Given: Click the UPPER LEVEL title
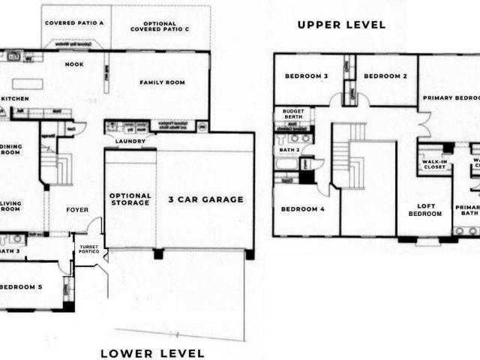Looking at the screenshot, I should click(341, 25).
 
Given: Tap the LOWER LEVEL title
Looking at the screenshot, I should click(152, 352).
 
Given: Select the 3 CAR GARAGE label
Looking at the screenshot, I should click(205, 199).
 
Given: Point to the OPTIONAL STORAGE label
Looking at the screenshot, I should click(130, 199).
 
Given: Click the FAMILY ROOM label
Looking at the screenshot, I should click(163, 82).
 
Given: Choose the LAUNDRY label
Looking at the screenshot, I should click(130, 141).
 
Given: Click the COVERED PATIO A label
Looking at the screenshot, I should click(74, 23).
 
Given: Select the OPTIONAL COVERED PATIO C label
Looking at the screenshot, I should click(160, 27).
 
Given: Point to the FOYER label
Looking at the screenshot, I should click(78, 211).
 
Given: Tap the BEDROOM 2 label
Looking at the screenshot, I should click(385, 76).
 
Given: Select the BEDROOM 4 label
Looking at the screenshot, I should click(303, 209).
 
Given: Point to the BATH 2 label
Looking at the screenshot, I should click(289, 150).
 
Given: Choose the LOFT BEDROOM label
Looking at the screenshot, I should click(424, 210).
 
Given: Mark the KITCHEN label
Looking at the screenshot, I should click(15, 98).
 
